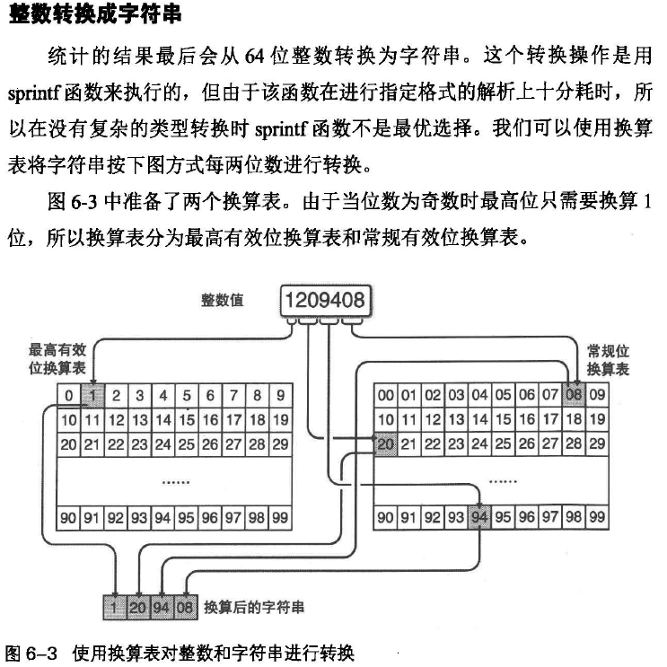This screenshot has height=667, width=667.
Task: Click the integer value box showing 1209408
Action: pyautogui.click(x=324, y=301)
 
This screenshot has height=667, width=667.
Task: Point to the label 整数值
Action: pyautogui.click(x=225, y=299)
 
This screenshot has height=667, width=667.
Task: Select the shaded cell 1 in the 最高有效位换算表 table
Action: pyautogui.click(x=92, y=395)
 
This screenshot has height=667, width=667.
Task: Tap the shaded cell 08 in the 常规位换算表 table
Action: pyautogui.click(x=574, y=395)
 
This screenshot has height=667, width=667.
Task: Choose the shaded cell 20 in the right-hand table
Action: pyautogui.click(x=385, y=443)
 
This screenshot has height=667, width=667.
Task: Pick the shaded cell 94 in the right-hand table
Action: pyautogui.click(x=479, y=518)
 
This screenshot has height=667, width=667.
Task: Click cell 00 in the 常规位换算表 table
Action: pyautogui.click(x=385, y=395)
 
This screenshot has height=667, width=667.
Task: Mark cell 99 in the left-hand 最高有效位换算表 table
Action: pyautogui.click(x=279, y=518)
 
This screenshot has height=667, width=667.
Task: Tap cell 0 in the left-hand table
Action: pyautogui.click(x=68, y=395)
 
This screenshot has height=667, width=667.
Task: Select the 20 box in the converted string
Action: pyautogui.click(x=138, y=608)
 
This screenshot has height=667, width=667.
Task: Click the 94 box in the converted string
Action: pyautogui.click(x=162, y=608)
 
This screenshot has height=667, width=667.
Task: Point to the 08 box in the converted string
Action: pyautogui.click(x=184, y=608)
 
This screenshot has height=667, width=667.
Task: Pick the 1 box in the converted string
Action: pyautogui.click(x=115, y=608)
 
